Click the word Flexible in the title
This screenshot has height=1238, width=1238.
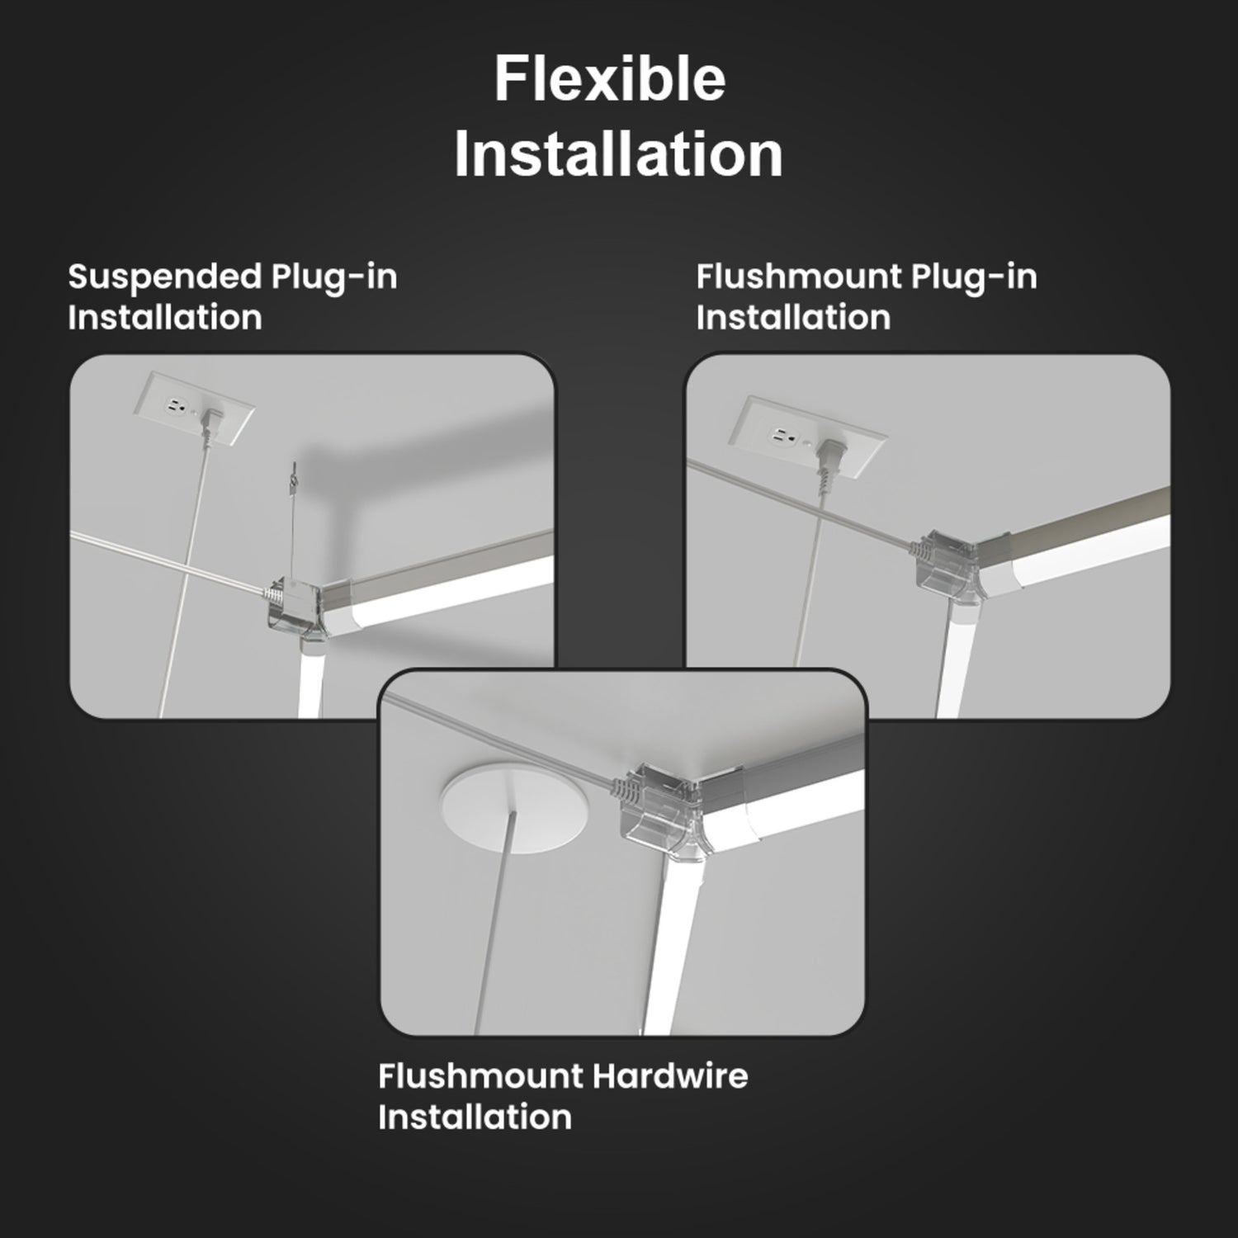pos(610,80)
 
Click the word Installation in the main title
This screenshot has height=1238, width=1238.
pos(618,154)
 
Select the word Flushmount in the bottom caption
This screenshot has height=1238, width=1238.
pos(481,1076)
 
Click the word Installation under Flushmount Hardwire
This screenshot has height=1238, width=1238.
pos(475,1118)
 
